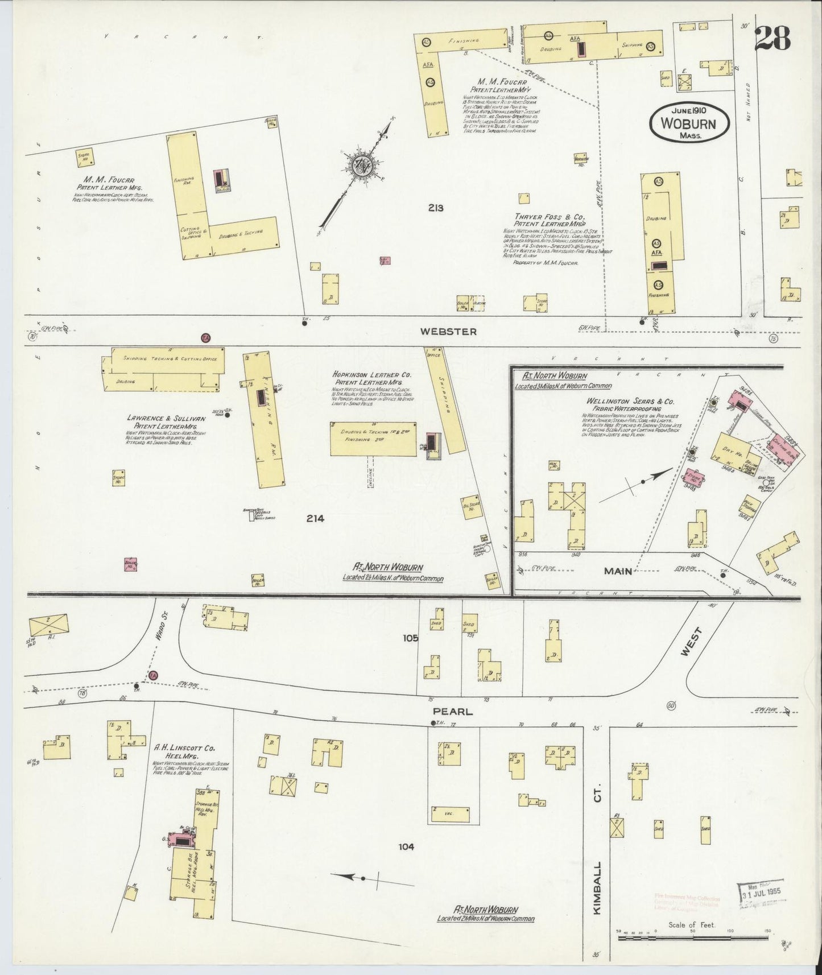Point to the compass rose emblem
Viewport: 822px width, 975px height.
click(x=360, y=167)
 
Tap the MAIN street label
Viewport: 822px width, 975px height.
click(x=617, y=571)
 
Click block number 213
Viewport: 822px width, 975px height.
click(x=436, y=208)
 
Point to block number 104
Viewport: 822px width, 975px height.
click(x=406, y=847)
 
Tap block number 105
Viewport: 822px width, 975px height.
click(x=411, y=638)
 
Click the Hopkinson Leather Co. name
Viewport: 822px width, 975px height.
click(x=373, y=375)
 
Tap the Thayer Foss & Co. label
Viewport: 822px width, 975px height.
click(x=550, y=217)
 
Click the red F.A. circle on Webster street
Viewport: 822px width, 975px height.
click(x=206, y=338)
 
